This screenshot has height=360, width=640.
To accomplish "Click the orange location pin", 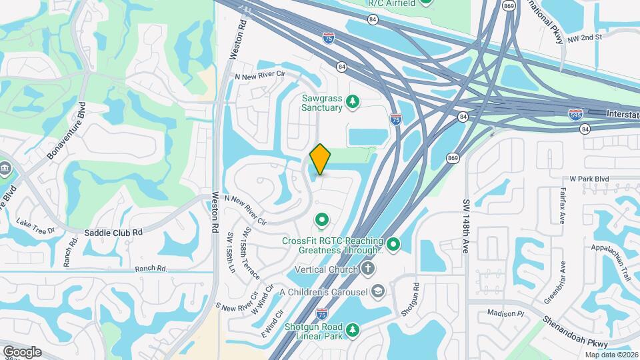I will click(x=320, y=159).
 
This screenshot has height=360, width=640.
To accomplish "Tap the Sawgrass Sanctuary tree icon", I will click(x=353, y=102).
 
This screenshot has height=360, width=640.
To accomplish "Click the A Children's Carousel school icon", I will click(x=379, y=291).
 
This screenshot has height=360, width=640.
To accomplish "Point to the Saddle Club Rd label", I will click(x=114, y=232).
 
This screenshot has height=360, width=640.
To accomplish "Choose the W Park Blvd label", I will click(x=589, y=179).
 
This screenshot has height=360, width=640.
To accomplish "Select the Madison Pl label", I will click(x=506, y=313).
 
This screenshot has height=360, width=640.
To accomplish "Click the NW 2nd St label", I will click(x=585, y=37).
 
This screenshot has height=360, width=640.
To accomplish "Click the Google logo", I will click(x=22, y=352).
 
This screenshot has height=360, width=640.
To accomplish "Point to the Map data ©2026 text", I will click(x=611, y=355).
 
